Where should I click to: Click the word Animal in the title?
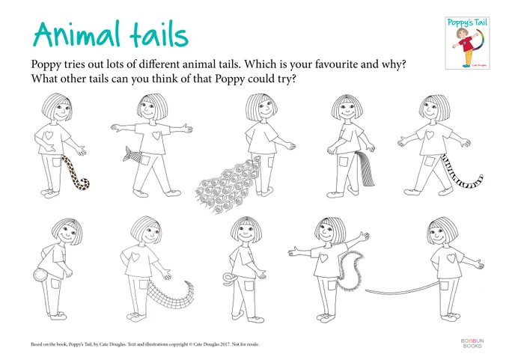(76, 34)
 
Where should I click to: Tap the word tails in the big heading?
(159, 34)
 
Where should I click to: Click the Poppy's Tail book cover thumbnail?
(467, 43)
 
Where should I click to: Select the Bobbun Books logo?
(472, 343)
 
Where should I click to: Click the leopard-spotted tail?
(76, 174)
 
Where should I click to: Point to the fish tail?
(132, 154)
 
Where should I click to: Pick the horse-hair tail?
(365, 168)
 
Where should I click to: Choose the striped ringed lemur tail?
(462, 175)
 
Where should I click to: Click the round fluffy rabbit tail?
(40, 275)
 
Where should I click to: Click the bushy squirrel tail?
(350, 271)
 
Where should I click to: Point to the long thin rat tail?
(403, 291)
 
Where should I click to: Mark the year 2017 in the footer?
(225, 344)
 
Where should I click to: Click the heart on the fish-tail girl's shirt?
(156, 135)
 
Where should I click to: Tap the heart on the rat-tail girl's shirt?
(451, 258)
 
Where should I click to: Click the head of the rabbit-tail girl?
(67, 231)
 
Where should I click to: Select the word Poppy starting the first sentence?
(46, 64)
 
